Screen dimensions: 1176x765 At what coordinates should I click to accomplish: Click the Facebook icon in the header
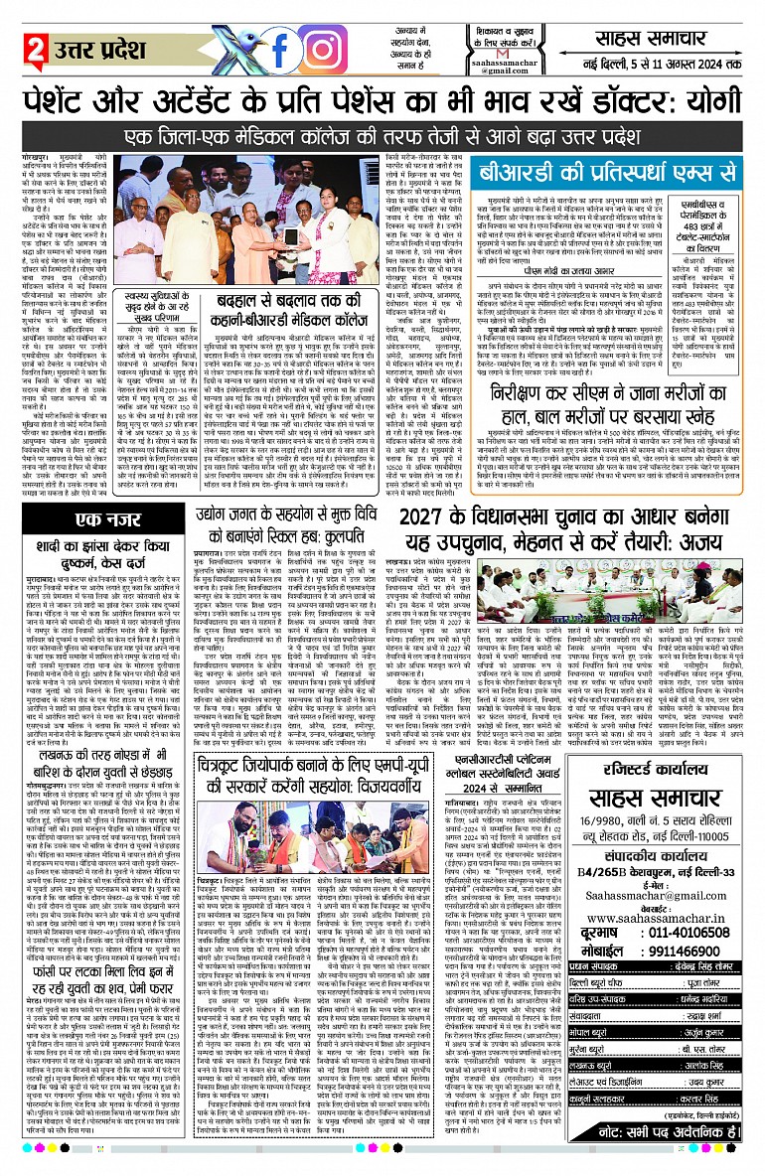point(280,47)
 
